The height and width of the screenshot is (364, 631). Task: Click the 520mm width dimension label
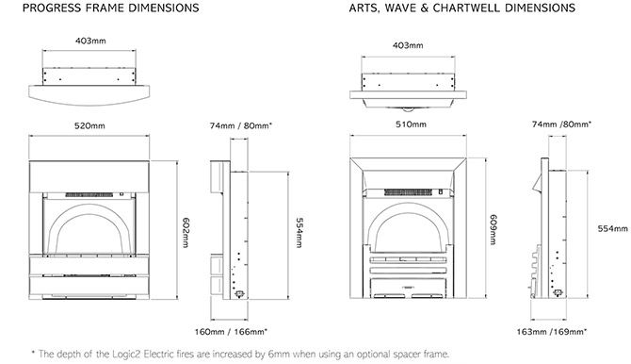pos(89,125)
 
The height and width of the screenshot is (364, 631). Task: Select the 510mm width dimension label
pos(411,124)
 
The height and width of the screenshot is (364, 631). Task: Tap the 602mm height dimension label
pos(186,233)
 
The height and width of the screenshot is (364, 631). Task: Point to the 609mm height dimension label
pos(493,229)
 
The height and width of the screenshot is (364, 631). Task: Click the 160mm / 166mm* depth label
pos(231,332)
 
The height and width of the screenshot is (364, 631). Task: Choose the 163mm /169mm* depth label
pos(552,332)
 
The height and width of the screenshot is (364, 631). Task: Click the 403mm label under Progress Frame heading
pos(90,41)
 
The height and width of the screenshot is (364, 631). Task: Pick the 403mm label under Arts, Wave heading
pos(408,45)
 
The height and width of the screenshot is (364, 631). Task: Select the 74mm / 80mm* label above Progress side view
pos(241,125)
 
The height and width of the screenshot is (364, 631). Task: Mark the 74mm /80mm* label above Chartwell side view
pos(562,124)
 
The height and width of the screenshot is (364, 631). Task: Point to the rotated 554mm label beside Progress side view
pos(299,233)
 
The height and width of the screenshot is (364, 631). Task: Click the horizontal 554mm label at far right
pos(612,228)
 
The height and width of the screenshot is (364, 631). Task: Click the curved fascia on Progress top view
pos(89,95)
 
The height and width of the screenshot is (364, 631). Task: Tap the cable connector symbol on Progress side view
pos(239,294)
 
